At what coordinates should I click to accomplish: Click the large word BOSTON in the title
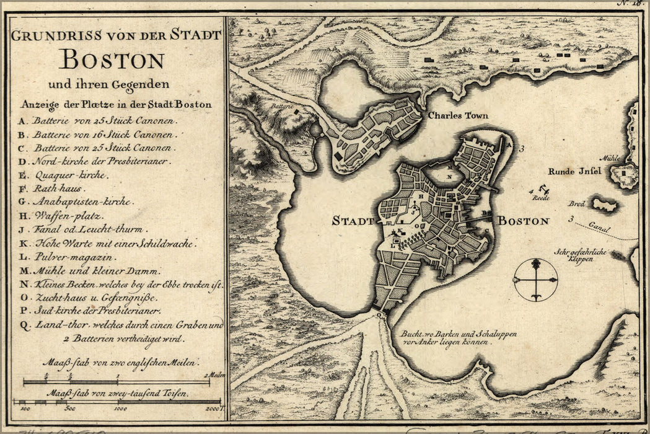point(112,60)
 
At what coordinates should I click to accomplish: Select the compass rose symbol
point(535,280)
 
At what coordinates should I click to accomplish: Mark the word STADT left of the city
point(353,221)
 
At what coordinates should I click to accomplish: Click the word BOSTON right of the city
point(524,221)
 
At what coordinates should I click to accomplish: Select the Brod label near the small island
point(576,203)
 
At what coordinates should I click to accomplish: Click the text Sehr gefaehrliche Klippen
point(583,255)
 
